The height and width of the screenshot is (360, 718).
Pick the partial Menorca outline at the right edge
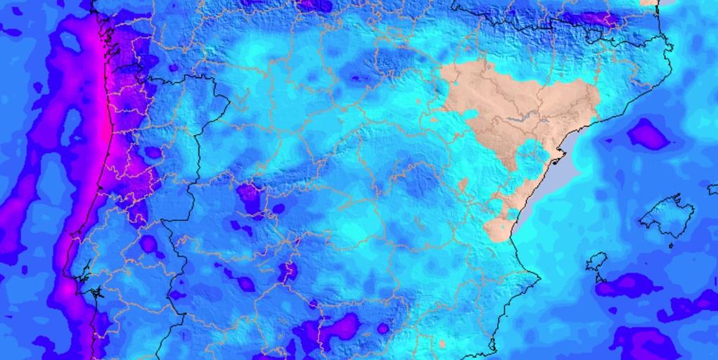pyautogui.click(x=713, y=189)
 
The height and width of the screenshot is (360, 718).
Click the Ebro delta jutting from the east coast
pyautogui.click(x=559, y=161)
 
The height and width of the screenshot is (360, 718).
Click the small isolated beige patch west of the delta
pyautogui.click(x=463, y=185)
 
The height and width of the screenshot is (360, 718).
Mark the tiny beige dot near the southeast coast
pyautogui.click(x=442, y=344)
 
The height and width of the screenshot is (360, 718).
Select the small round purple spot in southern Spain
pyautogui.click(x=383, y=328)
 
